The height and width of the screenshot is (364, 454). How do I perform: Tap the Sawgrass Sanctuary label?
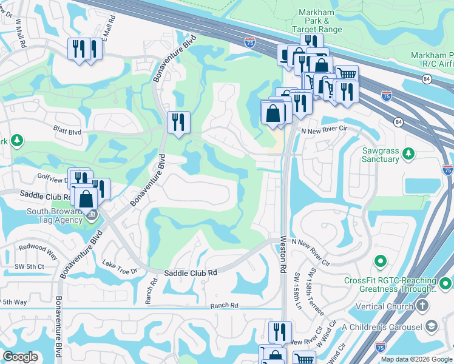tap(381, 155)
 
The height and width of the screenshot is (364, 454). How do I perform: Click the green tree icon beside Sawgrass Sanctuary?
tap(409, 152)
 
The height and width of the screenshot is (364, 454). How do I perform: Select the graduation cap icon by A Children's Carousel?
tap(432, 327)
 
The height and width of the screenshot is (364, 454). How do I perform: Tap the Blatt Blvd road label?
tap(67, 131)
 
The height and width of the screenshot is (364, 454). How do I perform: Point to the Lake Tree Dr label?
tap(120, 266)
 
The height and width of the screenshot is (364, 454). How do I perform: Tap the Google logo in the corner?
tap(20, 357)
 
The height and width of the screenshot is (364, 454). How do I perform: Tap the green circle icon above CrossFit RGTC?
tap(381, 262)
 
